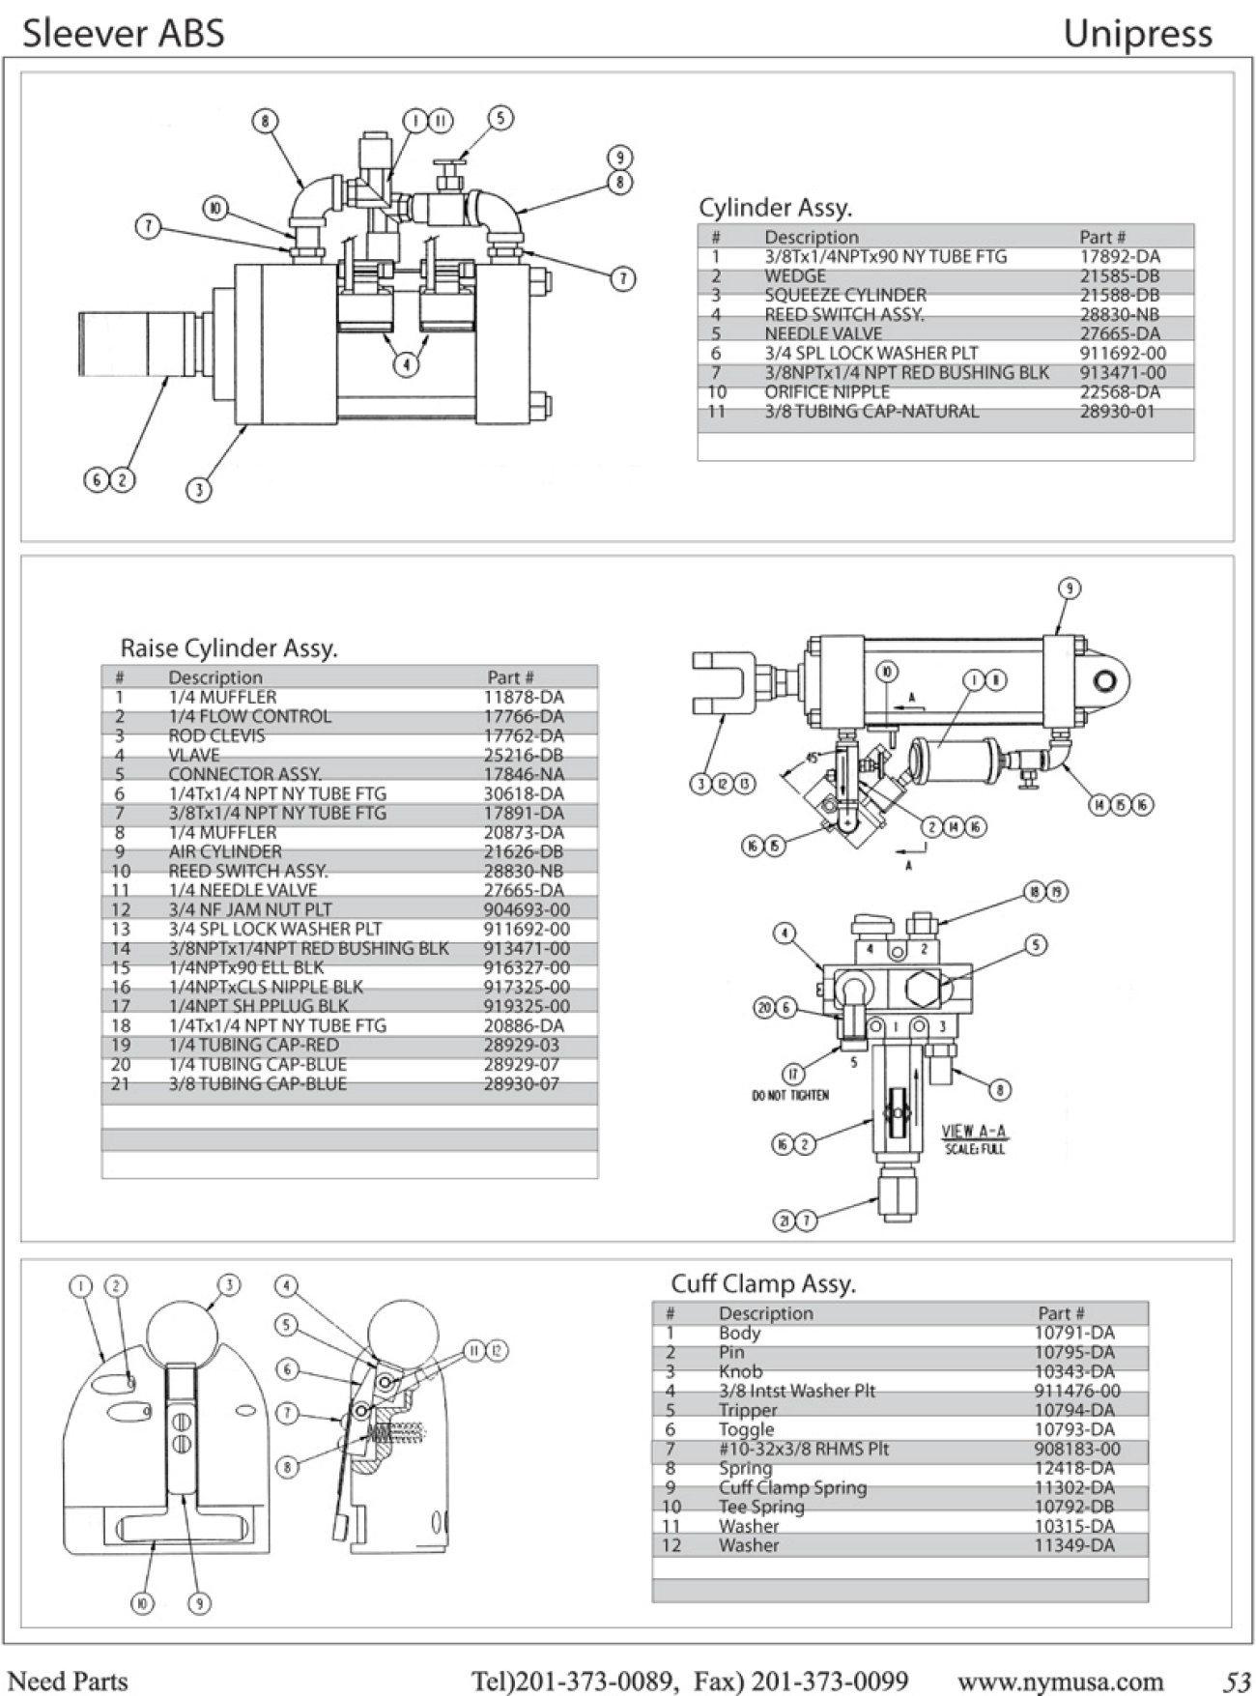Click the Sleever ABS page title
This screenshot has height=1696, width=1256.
click(124, 33)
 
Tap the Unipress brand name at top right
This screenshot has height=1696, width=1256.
click(1137, 35)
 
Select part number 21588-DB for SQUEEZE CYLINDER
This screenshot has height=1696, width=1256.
click(1120, 295)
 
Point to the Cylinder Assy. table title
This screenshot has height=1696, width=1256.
click(775, 207)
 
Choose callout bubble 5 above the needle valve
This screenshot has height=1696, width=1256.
click(500, 118)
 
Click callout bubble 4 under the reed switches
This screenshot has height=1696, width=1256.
click(407, 364)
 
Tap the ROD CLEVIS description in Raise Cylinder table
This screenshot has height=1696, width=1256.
click(216, 735)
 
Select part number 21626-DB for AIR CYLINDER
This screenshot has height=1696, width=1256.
click(524, 851)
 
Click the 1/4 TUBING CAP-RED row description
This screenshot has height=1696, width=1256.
click(253, 1045)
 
